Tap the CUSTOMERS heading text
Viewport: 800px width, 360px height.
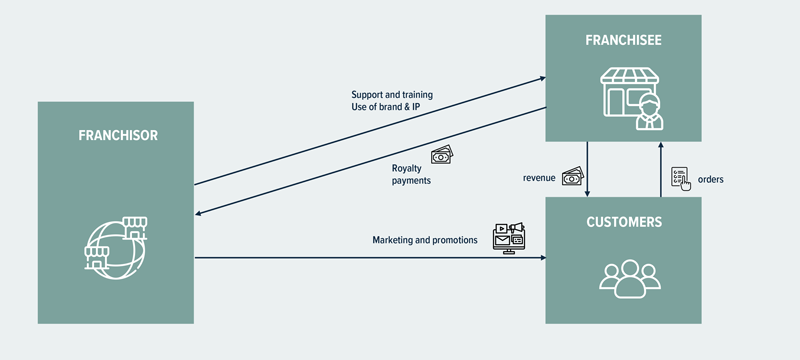(x=623, y=222)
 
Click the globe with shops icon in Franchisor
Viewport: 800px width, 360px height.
(x=115, y=249)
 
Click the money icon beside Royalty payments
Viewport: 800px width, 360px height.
(x=442, y=155)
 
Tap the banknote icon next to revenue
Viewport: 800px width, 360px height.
(x=572, y=176)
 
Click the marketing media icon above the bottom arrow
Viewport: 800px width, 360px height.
(x=509, y=237)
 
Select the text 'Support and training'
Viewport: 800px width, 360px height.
(x=392, y=95)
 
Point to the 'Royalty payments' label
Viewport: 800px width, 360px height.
(x=412, y=174)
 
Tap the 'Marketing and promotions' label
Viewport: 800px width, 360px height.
(x=425, y=240)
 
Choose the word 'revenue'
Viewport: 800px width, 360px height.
(x=539, y=178)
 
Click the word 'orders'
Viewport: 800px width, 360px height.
(x=711, y=179)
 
